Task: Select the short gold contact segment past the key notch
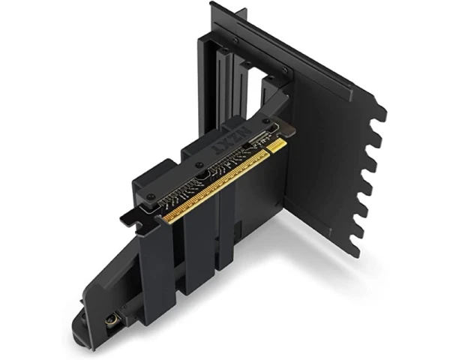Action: click(x=277, y=145)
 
